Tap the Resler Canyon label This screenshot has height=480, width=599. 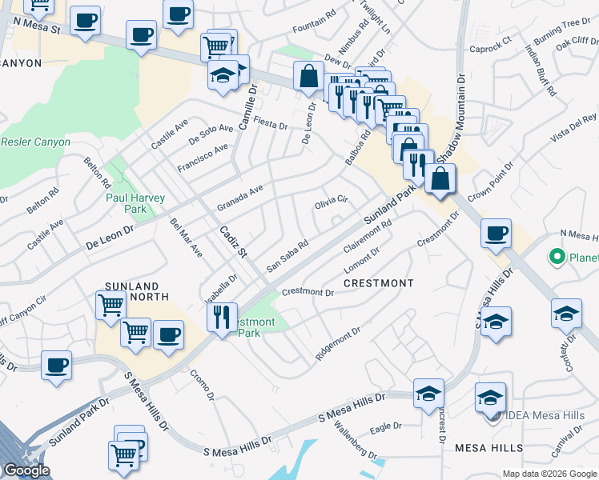(x=35, y=142)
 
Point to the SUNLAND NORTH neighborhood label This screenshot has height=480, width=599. (x=137, y=291)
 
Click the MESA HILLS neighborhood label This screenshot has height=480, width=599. (x=488, y=448)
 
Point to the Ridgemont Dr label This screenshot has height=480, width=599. (x=338, y=342)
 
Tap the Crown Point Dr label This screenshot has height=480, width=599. (x=489, y=183)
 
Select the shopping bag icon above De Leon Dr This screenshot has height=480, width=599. (x=308, y=77)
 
